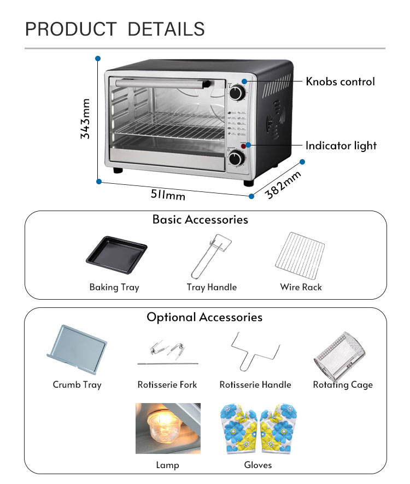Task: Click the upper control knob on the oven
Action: point(237,94)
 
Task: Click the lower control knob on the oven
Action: point(237,159)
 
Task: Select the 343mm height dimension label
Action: point(85,118)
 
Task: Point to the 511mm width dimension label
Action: point(168,194)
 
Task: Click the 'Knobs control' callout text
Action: point(340,81)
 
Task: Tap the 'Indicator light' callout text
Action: point(341,145)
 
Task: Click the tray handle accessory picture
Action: point(210,255)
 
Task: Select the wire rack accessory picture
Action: point(300,255)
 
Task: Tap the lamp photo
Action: point(168,428)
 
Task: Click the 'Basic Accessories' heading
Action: point(200,220)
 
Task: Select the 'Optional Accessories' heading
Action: point(204,317)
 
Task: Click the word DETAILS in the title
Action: point(166,29)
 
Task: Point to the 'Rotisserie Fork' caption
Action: point(167,384)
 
